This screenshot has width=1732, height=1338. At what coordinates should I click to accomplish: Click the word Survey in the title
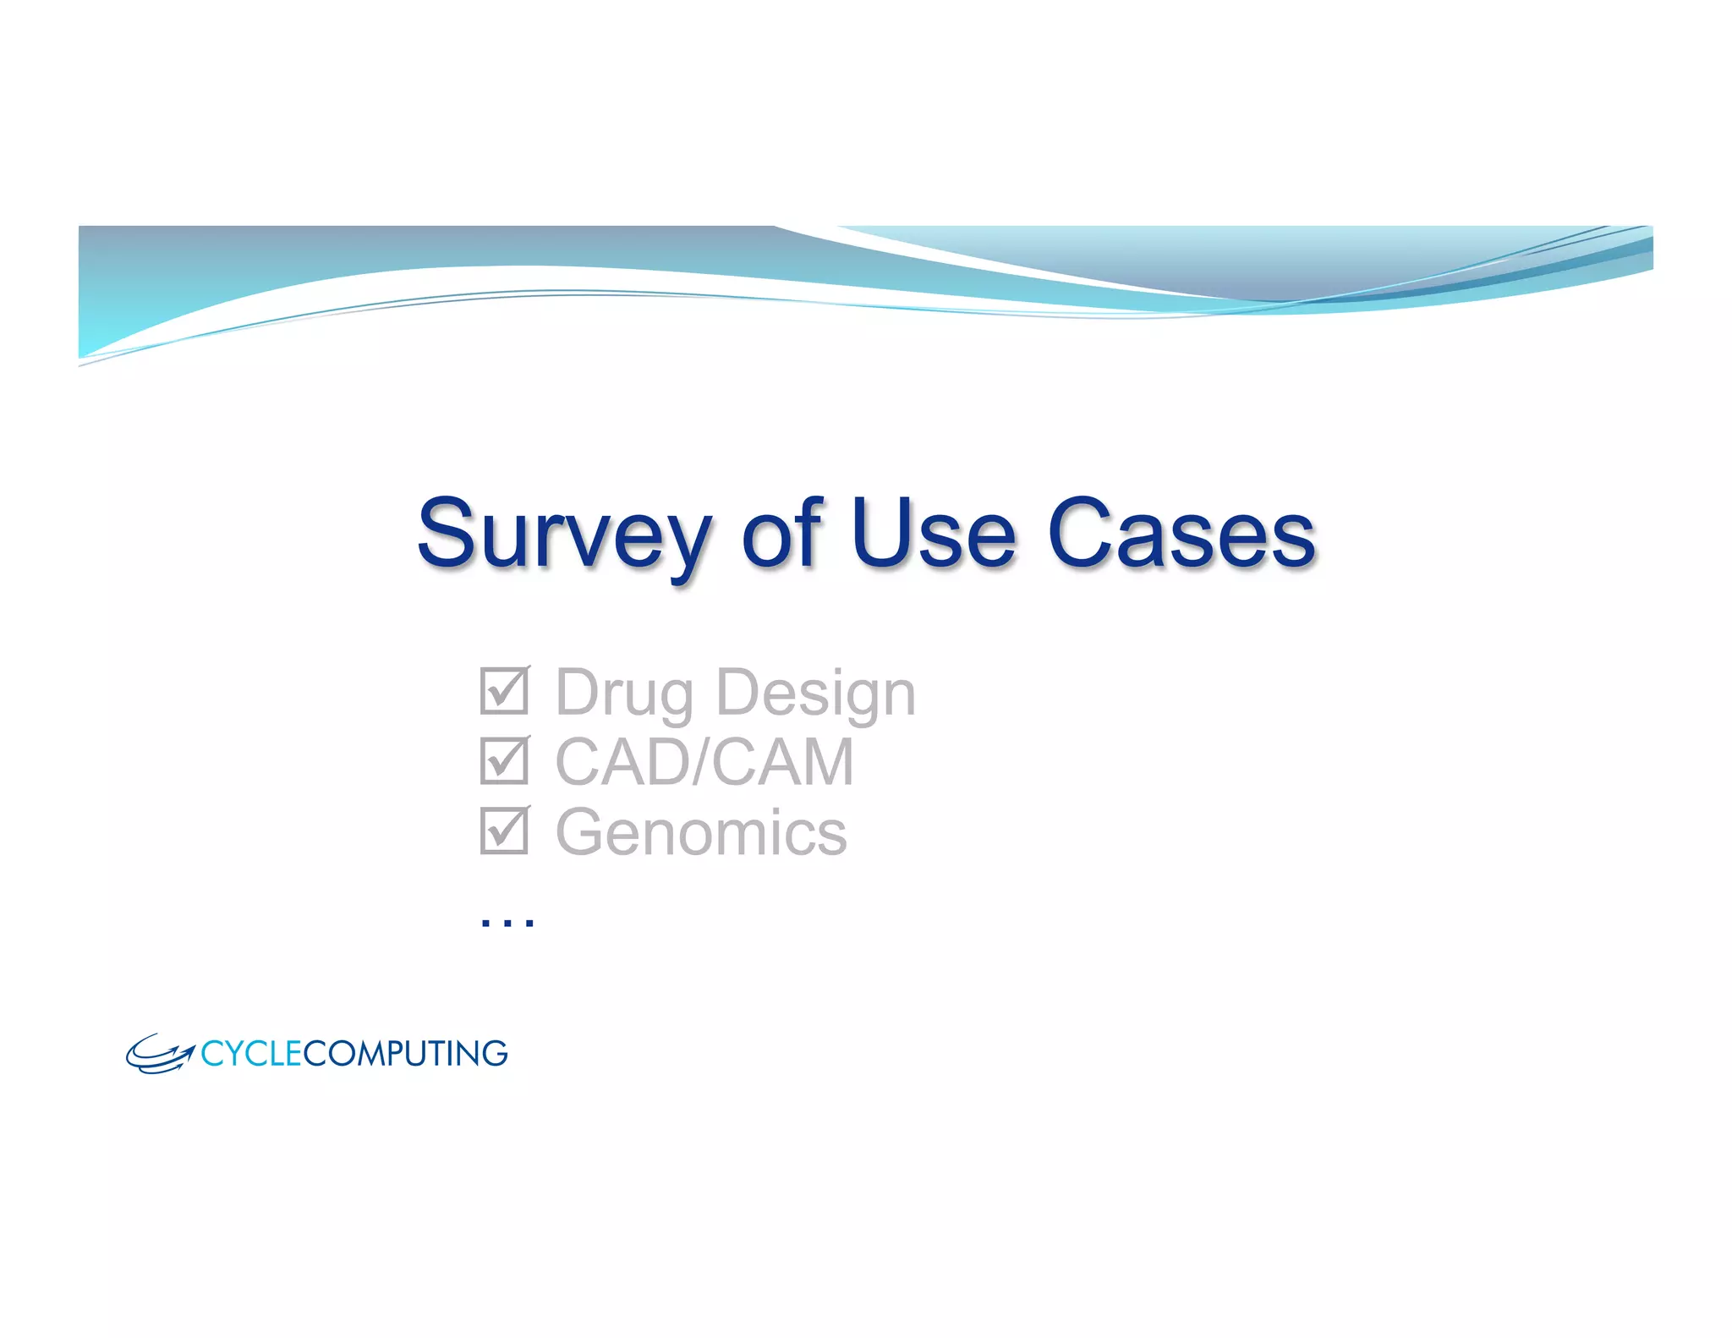click(x=564, y=535)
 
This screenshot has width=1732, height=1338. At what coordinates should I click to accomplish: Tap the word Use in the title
click(x=932, y=535)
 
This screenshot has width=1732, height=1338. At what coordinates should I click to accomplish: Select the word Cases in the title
click(x=1181, y=535)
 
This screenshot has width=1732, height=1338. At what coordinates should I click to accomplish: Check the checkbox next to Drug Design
click(x=504, y=691)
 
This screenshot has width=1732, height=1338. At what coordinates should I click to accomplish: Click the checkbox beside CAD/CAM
click(x=504, y=761)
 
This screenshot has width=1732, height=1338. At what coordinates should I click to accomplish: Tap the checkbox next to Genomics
click(x=504, y=831)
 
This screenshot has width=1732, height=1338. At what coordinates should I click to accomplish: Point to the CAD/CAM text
click(x=704, y=762)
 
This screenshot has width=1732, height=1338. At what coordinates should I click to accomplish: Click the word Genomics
click(x=700, y=832)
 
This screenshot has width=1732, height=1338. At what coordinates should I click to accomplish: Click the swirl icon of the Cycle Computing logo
click(x=159, y=1054)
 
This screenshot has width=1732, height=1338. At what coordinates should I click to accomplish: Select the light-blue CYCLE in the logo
click(x=251, y=1054)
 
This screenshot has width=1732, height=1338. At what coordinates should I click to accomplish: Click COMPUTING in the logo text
click(x=405, y=1054)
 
